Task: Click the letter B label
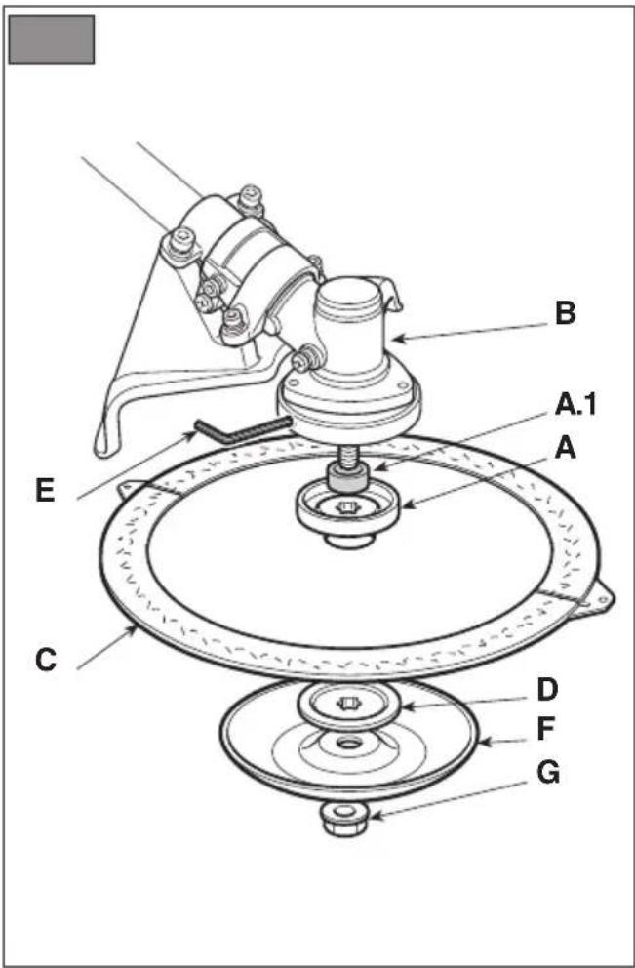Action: coord(566,313)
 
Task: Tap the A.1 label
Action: coord(575,405)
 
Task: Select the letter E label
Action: coord(46,492)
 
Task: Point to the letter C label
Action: coord(46,660)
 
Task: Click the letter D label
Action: coord(547,690)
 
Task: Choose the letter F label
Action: coord(545,730)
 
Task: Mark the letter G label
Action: coord(548,773)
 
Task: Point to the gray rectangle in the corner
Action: coord(52,39)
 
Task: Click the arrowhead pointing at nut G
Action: coord(376,815)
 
